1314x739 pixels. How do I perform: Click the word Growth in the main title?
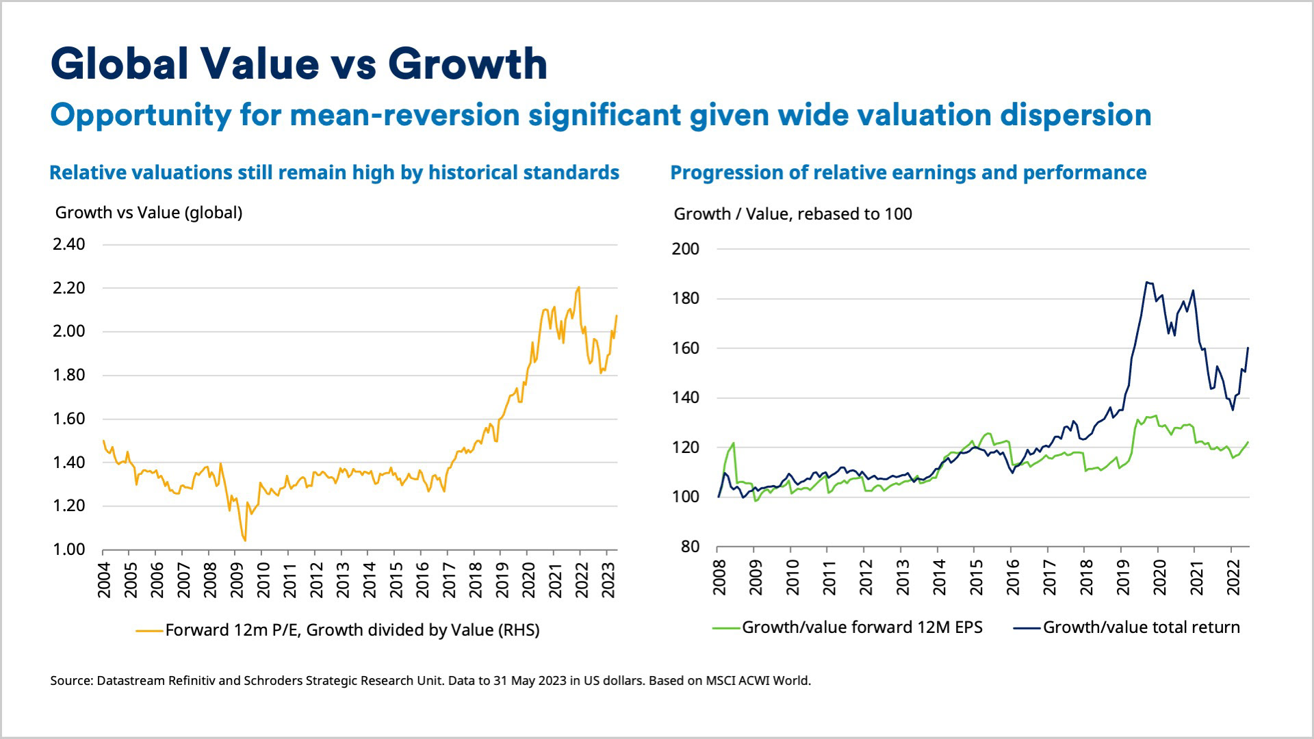467,64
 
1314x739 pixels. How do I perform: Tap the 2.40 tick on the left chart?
69,244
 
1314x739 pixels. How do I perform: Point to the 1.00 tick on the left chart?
69,549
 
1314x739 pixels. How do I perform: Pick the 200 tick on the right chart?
686,249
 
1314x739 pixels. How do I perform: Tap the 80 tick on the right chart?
691,547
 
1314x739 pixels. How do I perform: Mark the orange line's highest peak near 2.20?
579,287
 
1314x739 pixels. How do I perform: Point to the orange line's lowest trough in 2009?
245,541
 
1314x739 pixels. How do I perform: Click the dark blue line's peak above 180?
1146,282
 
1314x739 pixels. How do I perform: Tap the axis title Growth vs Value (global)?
149,213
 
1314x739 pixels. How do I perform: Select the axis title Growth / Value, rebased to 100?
793,214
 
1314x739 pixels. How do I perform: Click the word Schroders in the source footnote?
273,681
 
